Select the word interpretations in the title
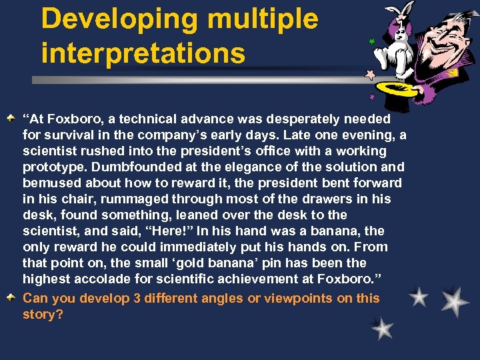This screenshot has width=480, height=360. click(x=143, y=54)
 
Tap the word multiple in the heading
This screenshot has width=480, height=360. click(x=263, y=19)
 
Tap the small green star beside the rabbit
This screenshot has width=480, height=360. click(x=371, y=41)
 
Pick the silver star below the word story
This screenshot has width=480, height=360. click(x=383, y=327)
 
